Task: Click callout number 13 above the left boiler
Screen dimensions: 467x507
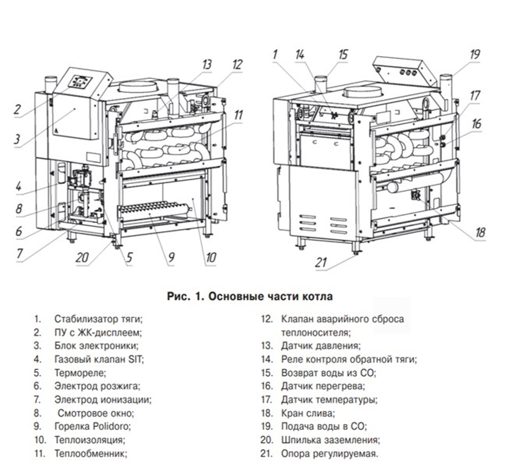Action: coord(207,64)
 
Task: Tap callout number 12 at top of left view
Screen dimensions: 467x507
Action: coord(237,64)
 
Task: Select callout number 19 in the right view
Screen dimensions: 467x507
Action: coord(475,54)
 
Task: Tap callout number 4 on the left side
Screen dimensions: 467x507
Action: coord(18,186)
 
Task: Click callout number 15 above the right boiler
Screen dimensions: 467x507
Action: coord(343,54)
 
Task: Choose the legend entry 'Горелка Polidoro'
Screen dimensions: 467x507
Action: coord(92,426)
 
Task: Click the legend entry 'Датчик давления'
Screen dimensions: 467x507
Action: coord(320,346)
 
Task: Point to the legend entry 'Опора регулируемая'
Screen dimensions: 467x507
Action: coord(330,453)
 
